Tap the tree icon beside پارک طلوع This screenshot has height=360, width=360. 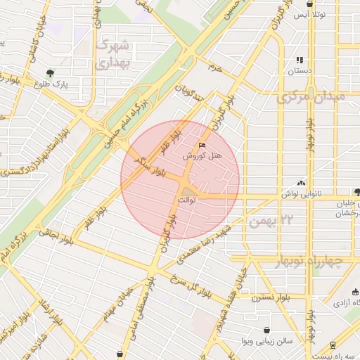[49, 72]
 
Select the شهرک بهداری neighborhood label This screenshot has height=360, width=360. [112, 54]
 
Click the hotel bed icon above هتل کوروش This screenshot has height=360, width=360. [202, 146]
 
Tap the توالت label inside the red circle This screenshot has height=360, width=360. [186, 200]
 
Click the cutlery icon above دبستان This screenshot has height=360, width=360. [300, 60]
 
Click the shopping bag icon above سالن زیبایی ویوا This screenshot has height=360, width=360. [266, 330]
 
